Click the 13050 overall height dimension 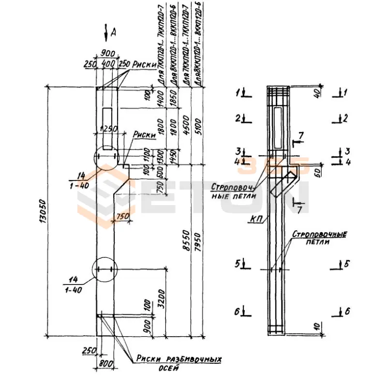[x=44, y=210]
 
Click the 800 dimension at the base [x=105, y=363]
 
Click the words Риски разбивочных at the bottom [x=179, y=359]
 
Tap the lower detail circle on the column [x=105, y=269]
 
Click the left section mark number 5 [x=238, y=264]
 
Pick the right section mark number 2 [x=344, y=118]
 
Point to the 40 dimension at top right [x=317, y=92]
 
